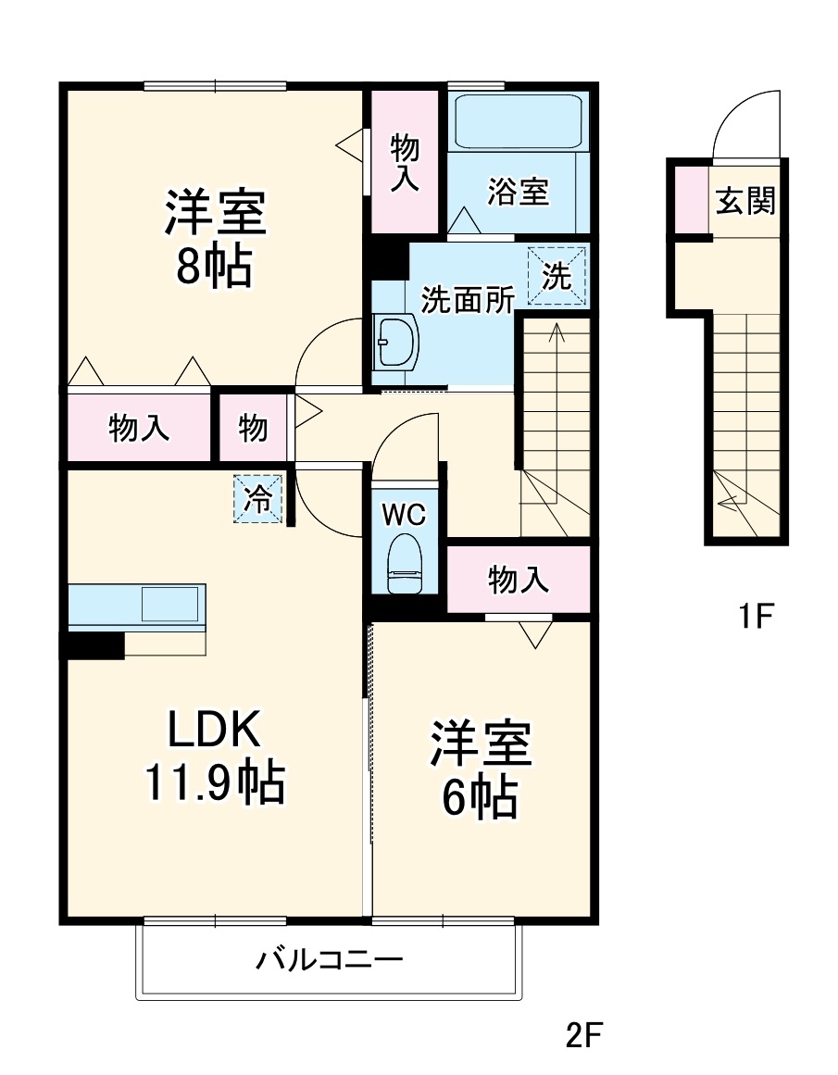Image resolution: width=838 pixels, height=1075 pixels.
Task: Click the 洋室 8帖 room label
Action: pyautogui.click(x=215, y=239)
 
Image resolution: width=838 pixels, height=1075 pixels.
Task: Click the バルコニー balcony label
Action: pyautogui.click(x=330, y=959)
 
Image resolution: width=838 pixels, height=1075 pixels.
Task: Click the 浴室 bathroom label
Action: pyautogui.click(x=519, y=192)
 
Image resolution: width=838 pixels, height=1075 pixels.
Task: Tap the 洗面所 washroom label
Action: pyautogui.click(x=468, y=300)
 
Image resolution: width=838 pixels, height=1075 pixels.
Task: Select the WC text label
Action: pyautogui.click(x=404, y=515)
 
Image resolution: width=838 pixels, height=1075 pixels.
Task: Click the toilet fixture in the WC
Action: pyautogui.click(x=404, y=563)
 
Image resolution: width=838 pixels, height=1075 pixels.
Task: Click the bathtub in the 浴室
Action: pyautogui.click(x=518, y=120)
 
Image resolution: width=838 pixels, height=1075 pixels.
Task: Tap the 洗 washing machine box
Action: pyautogui.click(x=557, y=276)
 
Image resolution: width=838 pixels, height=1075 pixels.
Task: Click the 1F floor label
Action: pyautogui.click(x=755, y=616)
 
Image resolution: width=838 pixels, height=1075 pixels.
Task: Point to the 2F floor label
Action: pyautogui.click(x=584, y=1033)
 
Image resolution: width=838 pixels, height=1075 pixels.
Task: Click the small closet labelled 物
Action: pyautogui.click(x=253, y=428)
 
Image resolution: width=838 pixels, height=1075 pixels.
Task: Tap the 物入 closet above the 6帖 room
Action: pyautogui.click(x=519, y=580)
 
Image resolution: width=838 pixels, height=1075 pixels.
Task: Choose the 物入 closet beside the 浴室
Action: pyautogui.click(x=405, y=162)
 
